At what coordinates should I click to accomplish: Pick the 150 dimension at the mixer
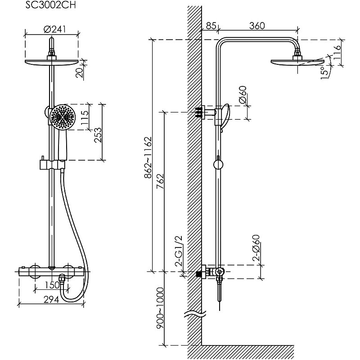pyautogui.click(x=53, y=285)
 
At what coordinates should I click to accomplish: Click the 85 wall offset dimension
pyautogui.click(x=210, y=26)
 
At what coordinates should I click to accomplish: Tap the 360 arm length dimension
pyautogui.click(x=256, y=26)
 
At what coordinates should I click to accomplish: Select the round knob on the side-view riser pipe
pyautogui.click(x=218, y=163)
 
